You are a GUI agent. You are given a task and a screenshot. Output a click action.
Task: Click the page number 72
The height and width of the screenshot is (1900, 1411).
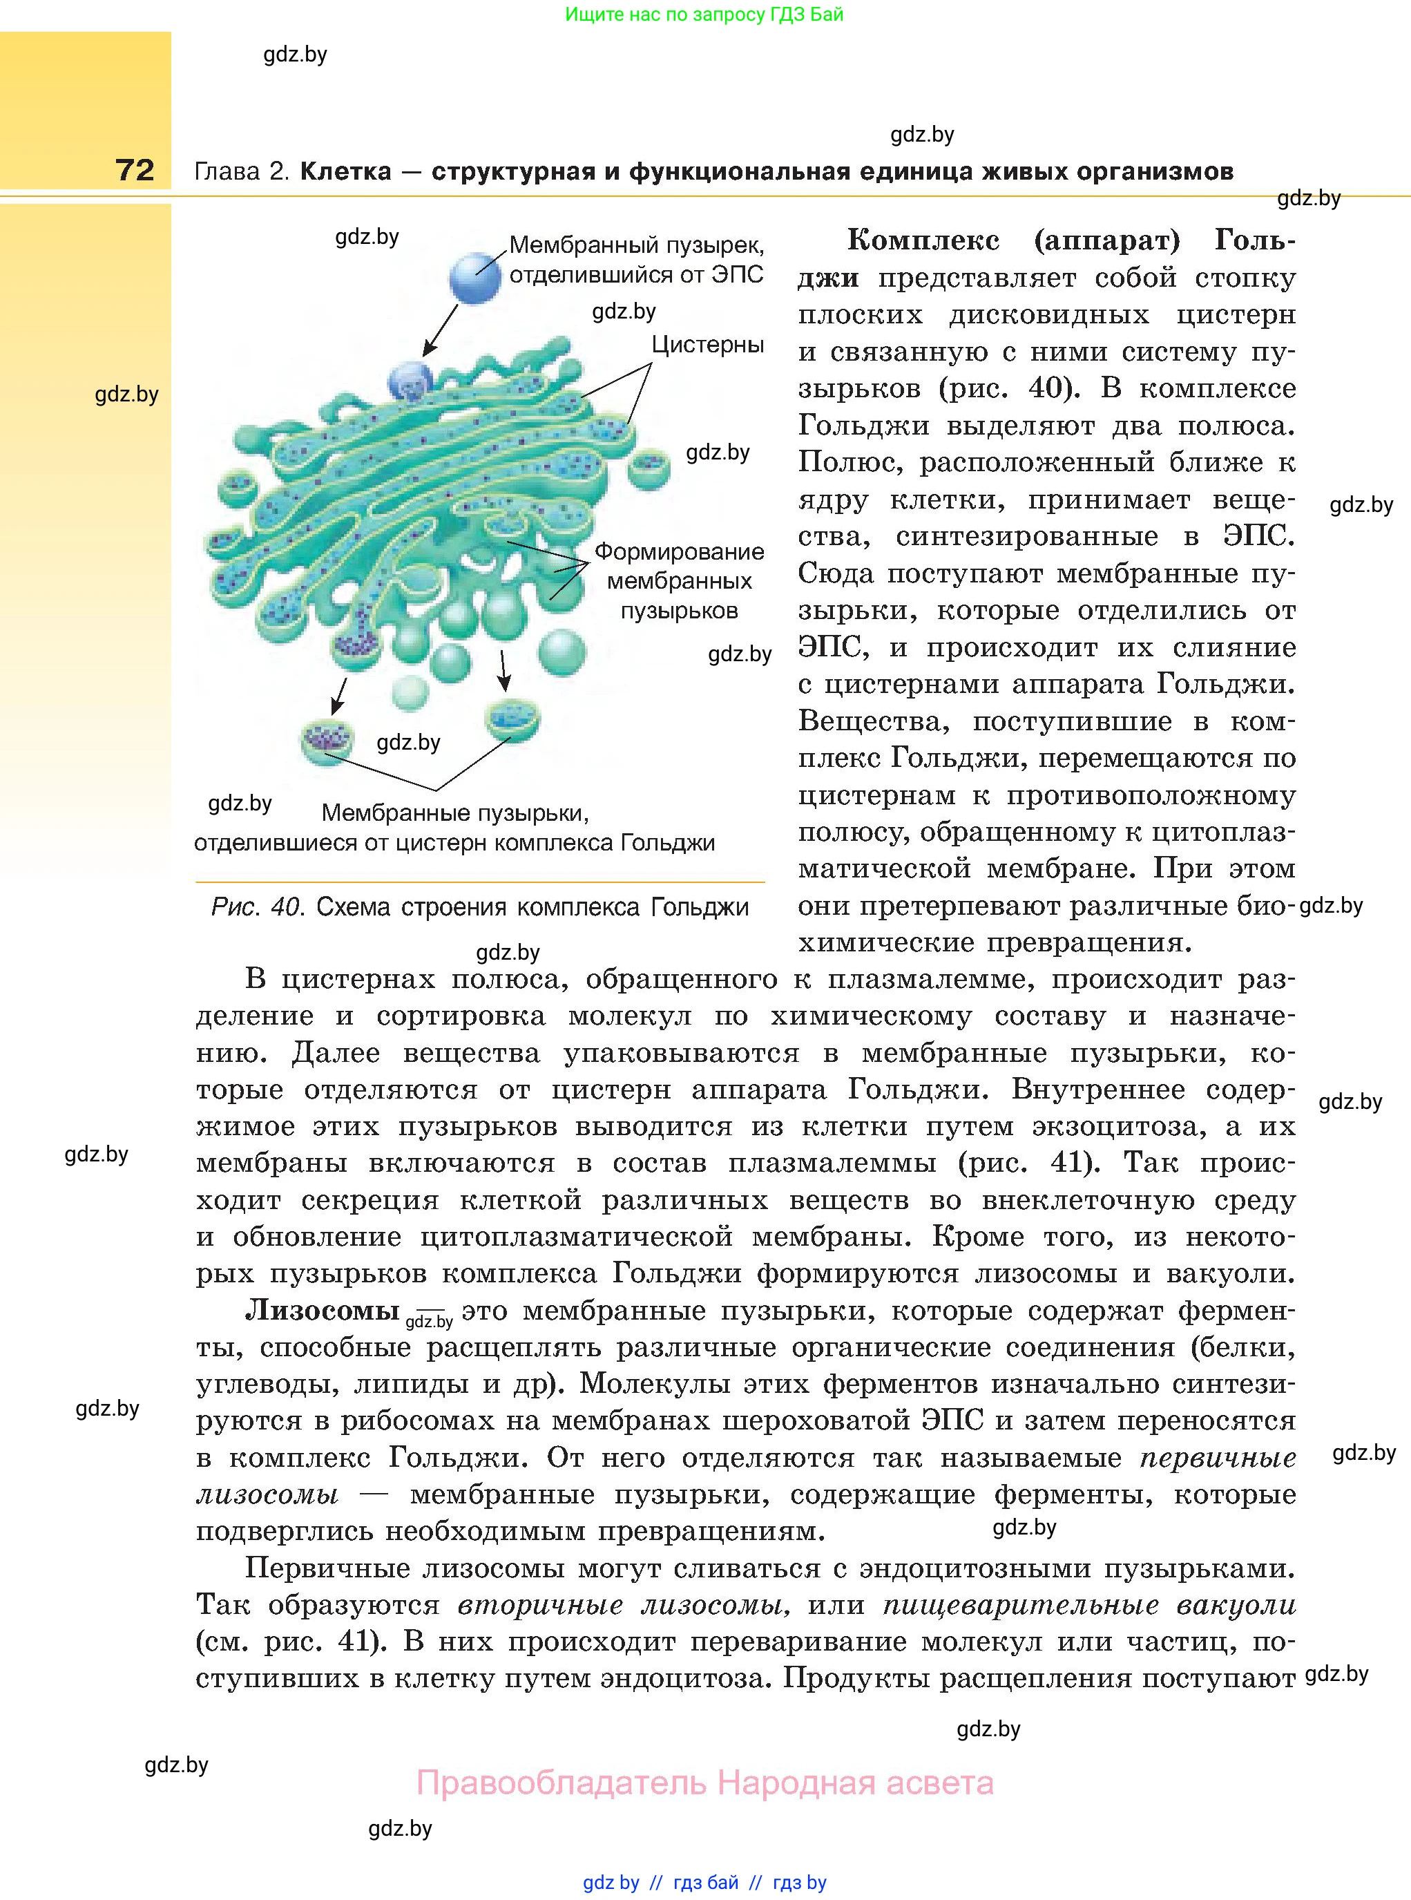point(135,170)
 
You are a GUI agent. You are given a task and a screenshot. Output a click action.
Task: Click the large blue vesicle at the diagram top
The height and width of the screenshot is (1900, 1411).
point(475,278)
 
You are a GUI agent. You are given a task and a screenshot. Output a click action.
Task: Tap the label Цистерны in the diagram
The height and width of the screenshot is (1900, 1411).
point(707,345)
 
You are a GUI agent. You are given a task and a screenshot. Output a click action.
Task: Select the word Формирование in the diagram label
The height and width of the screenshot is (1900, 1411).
point(679,552)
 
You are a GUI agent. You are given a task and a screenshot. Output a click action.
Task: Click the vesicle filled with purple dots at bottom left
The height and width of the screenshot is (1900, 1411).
point(327,740)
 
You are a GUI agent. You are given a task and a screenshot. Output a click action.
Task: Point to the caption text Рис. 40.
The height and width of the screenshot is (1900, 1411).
point(256,907)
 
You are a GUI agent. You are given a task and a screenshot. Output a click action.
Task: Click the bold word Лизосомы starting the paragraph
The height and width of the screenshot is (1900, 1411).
point(322,1311)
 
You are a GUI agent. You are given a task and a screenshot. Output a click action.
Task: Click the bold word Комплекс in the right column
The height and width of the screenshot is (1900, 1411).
point(923,241)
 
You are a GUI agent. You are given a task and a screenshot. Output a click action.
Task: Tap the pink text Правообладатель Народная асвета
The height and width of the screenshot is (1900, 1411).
point(704,1783)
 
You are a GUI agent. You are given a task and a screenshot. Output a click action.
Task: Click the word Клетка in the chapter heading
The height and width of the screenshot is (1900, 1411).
point(346,172)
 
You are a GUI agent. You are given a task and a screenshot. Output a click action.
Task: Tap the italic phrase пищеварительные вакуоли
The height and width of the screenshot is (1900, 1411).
point(1089,1605)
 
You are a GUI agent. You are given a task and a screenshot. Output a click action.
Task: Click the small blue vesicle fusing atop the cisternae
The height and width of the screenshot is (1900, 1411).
point(411,381)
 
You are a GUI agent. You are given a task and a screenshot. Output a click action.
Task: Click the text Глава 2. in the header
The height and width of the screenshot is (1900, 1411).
point(242,172)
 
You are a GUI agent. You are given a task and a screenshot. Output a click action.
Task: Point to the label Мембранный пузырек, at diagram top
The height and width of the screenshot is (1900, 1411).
point(636,246)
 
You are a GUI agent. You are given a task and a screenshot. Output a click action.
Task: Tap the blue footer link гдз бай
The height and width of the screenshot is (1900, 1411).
point(706,1883)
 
